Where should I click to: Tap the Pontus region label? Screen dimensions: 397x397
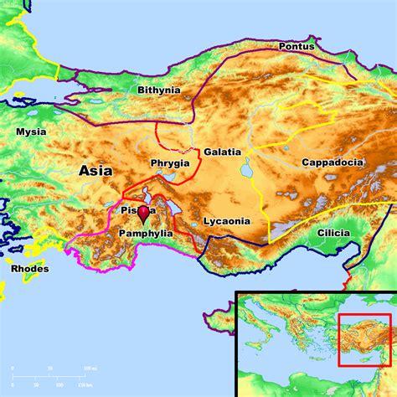click(296, 47)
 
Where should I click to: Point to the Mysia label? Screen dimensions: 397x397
click(31, 131)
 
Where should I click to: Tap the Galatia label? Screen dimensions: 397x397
click(222, 152)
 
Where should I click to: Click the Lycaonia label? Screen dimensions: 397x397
click(226, 221)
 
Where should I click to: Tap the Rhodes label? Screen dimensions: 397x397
click(30, 269)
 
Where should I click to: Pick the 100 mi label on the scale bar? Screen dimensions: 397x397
click(87, 369)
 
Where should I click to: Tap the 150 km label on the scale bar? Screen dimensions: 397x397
click(85, 384)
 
